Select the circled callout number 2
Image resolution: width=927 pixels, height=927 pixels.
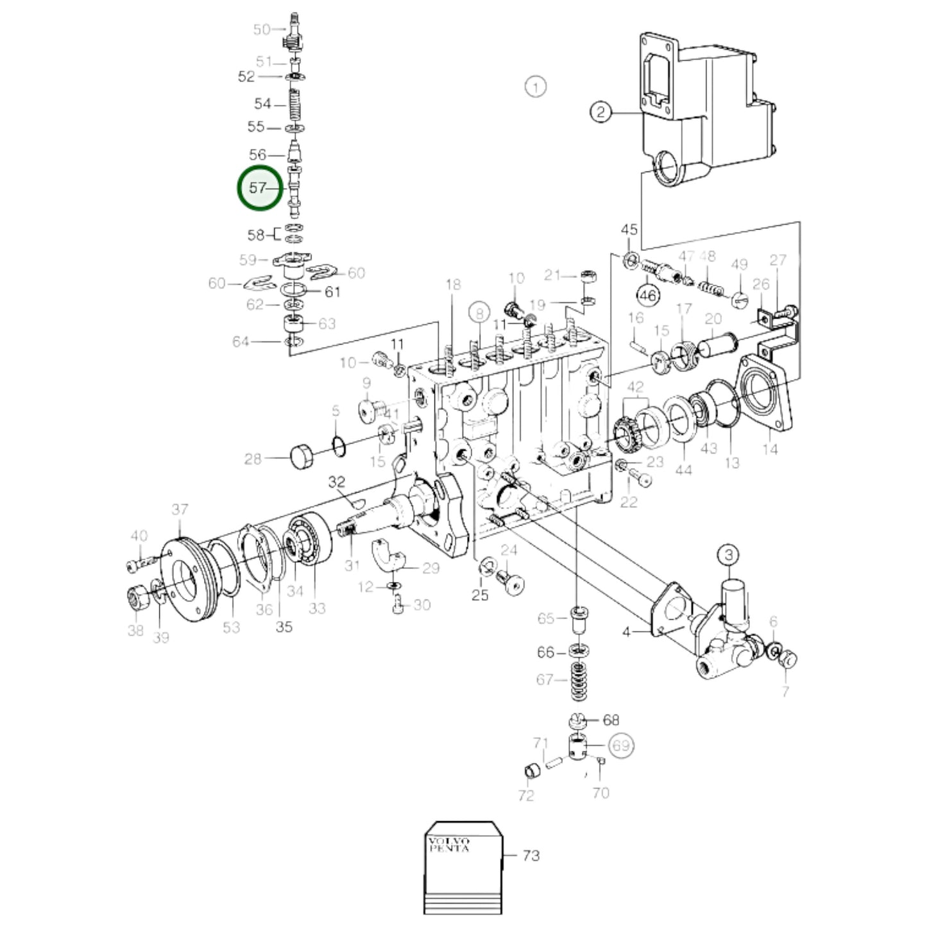click(x=600, y=113)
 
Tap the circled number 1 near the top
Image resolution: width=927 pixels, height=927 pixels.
click(x=535, y=86)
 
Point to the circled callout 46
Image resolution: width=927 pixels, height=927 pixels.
click(x=647, y=295)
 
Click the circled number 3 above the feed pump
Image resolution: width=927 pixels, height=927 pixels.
click(x=728, y=554)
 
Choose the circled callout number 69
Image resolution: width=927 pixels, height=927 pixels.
click(x=621, y=745)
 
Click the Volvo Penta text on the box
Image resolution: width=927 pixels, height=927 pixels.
click(x=448, y=844)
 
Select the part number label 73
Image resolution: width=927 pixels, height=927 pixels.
click(x=531, y=855)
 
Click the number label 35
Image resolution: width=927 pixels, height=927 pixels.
click(x=284, y=627)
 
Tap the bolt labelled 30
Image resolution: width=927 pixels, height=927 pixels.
click(x=398, y=604)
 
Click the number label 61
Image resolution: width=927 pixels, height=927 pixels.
click(x=332, y=292)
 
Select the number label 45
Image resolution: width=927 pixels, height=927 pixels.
click(x=629, y=230)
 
